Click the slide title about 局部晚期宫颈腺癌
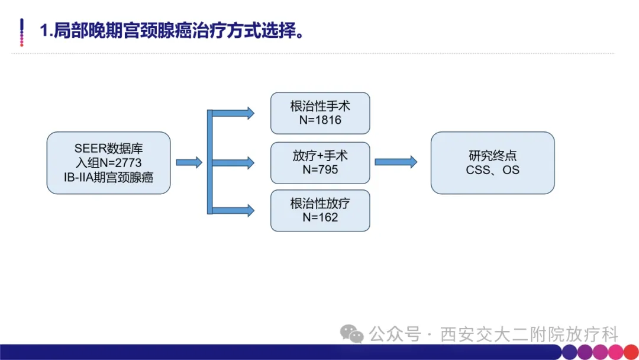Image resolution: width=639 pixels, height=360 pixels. (172, 31)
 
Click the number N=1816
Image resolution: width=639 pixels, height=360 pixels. (320, 120)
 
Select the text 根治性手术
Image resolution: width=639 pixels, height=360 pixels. (320, 107)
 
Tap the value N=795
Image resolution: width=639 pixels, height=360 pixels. (320, 169)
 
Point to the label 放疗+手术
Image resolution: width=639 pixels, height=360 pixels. (320, 156)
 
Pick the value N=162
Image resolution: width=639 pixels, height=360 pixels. (320, 217)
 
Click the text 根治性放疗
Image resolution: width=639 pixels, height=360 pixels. (320, 204)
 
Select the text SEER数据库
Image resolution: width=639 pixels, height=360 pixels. (108, 149)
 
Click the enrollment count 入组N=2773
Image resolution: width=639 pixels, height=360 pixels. (108, 163)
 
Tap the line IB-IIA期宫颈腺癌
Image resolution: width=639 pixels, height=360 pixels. (108, 178)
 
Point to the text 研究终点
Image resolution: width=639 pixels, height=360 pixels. (492, 156)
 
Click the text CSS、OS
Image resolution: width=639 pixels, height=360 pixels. (492, 170)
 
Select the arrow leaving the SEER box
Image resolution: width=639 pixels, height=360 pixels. (189, 162)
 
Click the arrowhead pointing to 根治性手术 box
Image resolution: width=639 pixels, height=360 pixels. (250, 113)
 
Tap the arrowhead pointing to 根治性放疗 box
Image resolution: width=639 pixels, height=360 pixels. (250, 210)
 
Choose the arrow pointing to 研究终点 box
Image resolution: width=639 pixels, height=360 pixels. (396, 162)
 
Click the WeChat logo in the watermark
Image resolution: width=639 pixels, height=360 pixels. (351, 334)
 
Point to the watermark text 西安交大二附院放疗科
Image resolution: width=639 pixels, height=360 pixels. (529, 335)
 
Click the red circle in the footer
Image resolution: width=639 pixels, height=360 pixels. (631, 352)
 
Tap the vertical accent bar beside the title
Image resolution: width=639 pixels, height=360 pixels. (22, 32)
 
